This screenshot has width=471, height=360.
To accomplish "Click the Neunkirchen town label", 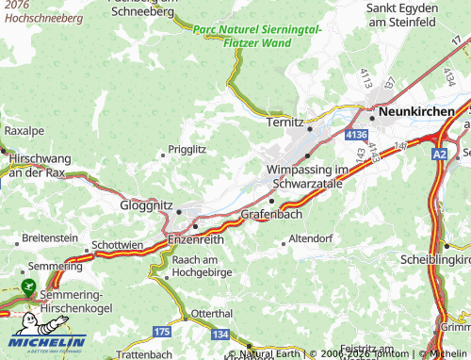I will click(422, 111).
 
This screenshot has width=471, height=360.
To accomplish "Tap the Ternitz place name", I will click(284, 123).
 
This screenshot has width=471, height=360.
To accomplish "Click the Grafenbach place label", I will click(269, 215).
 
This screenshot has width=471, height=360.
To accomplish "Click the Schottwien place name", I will click(119, 244).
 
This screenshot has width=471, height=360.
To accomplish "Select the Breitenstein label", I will click(47, 237).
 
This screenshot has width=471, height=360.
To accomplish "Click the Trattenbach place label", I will click(141, 353).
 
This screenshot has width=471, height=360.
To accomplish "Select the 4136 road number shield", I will click(355, 137).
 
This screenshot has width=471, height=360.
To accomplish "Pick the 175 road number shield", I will click(162, 332).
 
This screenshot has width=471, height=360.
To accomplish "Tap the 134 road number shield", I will click(220, 334).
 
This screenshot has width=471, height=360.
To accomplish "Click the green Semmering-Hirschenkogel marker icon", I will click(25, 284).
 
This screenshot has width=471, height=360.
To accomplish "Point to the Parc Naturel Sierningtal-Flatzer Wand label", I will click(256, 36).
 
